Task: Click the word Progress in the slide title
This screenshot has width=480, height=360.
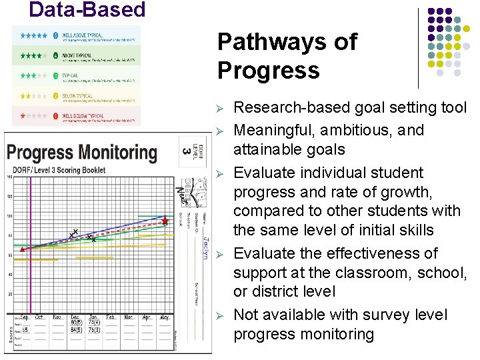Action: [268, 70]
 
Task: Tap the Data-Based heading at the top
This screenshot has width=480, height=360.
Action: [87, 10]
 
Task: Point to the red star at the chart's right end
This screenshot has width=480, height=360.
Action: [165, 219]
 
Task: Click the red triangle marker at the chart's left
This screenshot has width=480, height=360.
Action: [21, 249]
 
